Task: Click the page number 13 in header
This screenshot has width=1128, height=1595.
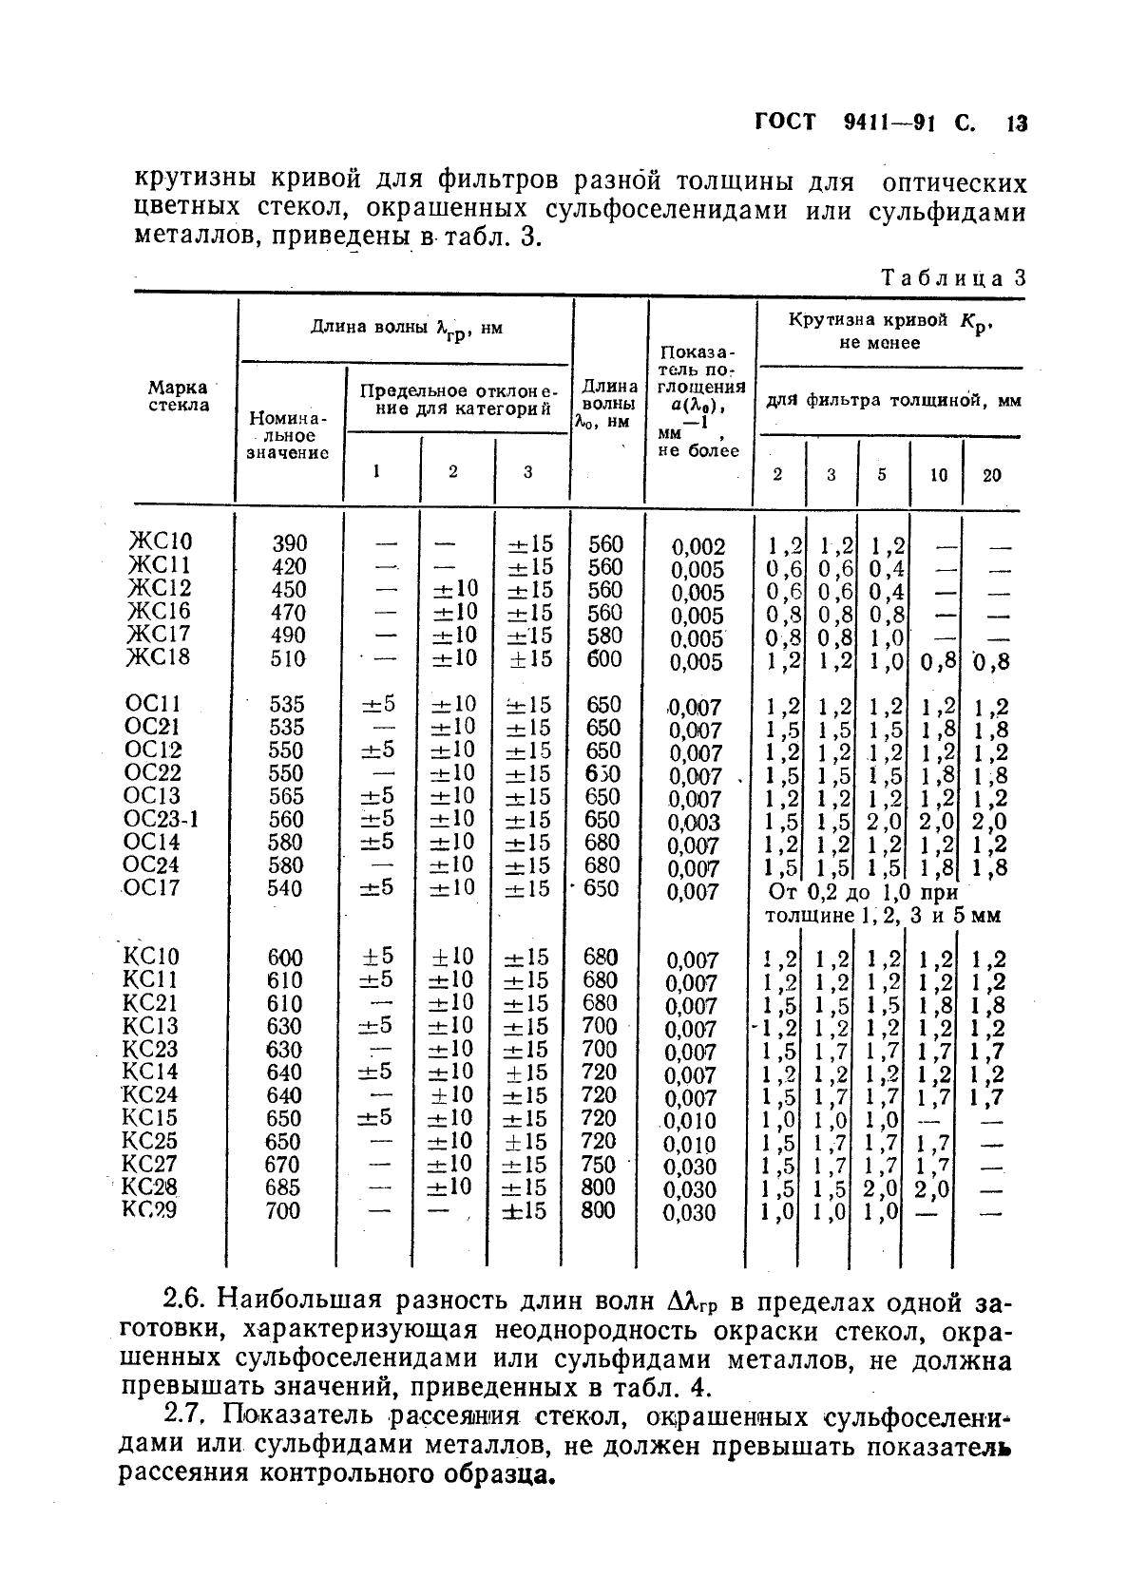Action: tap(1017, 124)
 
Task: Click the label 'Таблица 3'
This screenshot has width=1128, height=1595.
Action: tap(954, 278)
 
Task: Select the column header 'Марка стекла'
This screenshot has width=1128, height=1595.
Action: tap(178, 396)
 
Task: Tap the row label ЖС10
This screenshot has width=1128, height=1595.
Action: tap(160, 541)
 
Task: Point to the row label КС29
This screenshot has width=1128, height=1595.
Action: tap(149, 1209)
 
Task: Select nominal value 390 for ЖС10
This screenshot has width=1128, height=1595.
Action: tap(289, 543)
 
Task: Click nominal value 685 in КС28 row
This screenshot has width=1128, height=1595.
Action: tap(284, 1187)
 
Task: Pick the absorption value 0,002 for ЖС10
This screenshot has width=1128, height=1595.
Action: tap(698, 547)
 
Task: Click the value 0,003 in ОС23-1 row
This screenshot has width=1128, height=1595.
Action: tap(694, 823)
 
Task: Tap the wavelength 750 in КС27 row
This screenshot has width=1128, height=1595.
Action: tap(599, 1165)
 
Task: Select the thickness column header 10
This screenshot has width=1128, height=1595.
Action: tap(938, 474)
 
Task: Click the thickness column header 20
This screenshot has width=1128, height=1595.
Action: tap(991, 474)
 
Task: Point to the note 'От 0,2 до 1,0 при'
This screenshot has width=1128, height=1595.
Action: tap(862, 893)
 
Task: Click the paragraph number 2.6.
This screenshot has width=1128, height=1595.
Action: tap(185, 1300)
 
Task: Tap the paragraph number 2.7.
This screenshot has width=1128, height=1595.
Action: tap(185, 1415)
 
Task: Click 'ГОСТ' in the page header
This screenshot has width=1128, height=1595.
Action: tap(785, 124)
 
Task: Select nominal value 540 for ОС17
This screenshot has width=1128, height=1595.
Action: tap(285, 888)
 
